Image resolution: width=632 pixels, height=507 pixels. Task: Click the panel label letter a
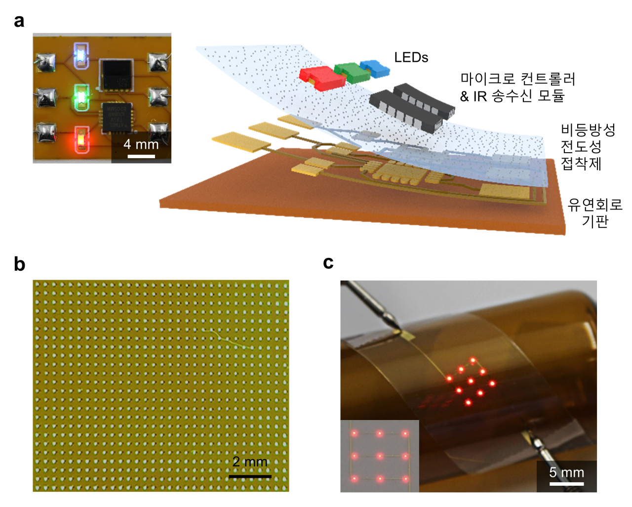click(19, 21)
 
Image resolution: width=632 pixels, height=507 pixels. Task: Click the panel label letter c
click(328, 262)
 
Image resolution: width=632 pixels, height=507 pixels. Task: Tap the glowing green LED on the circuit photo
click(81, 97)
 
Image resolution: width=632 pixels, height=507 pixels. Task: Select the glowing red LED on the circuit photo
click(81, 139)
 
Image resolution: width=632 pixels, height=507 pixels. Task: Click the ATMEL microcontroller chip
click(117, 117)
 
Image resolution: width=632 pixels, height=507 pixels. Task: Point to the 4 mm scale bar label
click(141, 144)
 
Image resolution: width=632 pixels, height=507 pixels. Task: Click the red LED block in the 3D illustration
click(322, 78)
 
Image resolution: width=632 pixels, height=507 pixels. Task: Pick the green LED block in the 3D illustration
click(352, 73)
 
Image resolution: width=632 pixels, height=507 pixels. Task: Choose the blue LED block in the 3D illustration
click(375, 69)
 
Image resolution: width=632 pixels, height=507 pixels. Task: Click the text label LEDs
click(411, 57)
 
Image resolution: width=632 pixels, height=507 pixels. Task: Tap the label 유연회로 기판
click(594, 213)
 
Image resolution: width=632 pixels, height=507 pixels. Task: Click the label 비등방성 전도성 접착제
click(588, 147)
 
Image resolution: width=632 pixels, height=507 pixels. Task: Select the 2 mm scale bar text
click(250, 462)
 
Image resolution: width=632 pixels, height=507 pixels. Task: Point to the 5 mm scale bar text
click(566, 472)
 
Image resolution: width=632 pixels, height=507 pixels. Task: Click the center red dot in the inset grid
click(380, 457)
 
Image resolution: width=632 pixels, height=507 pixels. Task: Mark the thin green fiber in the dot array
click(228, 339)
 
